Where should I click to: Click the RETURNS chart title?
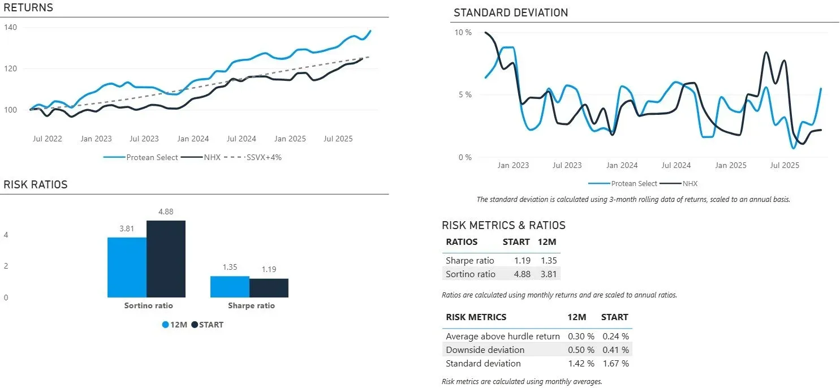point(28,8)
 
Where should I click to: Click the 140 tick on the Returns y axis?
point(11,27)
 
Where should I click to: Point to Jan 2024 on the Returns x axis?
point(192,139)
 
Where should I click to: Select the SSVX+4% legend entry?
point(264,157)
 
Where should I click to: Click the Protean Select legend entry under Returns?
point(152,157)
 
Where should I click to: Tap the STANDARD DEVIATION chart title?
point(510,12)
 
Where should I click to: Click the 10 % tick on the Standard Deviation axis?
point(463,32)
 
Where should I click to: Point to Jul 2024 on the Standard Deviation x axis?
point(676,165)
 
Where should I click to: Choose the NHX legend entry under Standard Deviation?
point(691,183)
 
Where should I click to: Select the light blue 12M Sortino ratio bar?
point(127,267)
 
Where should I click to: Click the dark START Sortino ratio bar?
point(166,258)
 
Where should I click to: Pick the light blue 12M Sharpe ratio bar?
point(230,286)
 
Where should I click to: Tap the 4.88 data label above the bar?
point(166,212)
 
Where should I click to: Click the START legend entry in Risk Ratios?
point(210,325)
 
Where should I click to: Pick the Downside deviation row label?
point(485,350)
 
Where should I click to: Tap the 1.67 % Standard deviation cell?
point(615,364)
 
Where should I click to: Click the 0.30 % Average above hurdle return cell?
point(580,336)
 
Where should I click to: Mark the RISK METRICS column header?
point(476,317)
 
